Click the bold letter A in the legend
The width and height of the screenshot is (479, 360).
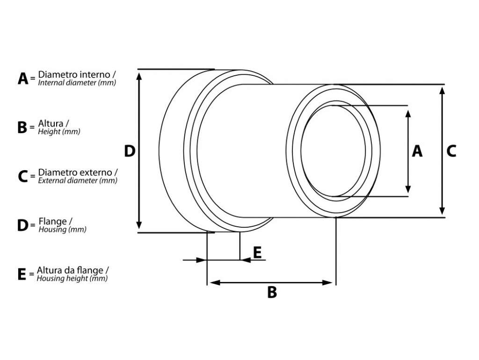pos(23,79)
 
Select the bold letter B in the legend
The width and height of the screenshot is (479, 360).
pos(22,128)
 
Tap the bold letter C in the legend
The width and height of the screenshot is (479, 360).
pos(23,176)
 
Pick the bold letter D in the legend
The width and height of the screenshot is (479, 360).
pos(23,225)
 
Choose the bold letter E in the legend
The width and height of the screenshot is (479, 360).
pos(22,274)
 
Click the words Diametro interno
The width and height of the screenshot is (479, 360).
pos(74,74)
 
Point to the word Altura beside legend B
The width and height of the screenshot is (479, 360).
pos(51,123)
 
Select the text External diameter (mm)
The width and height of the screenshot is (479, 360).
pos(78,180)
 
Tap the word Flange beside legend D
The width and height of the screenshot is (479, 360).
pos(52,221)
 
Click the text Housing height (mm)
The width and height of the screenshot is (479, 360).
pos(72,278)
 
